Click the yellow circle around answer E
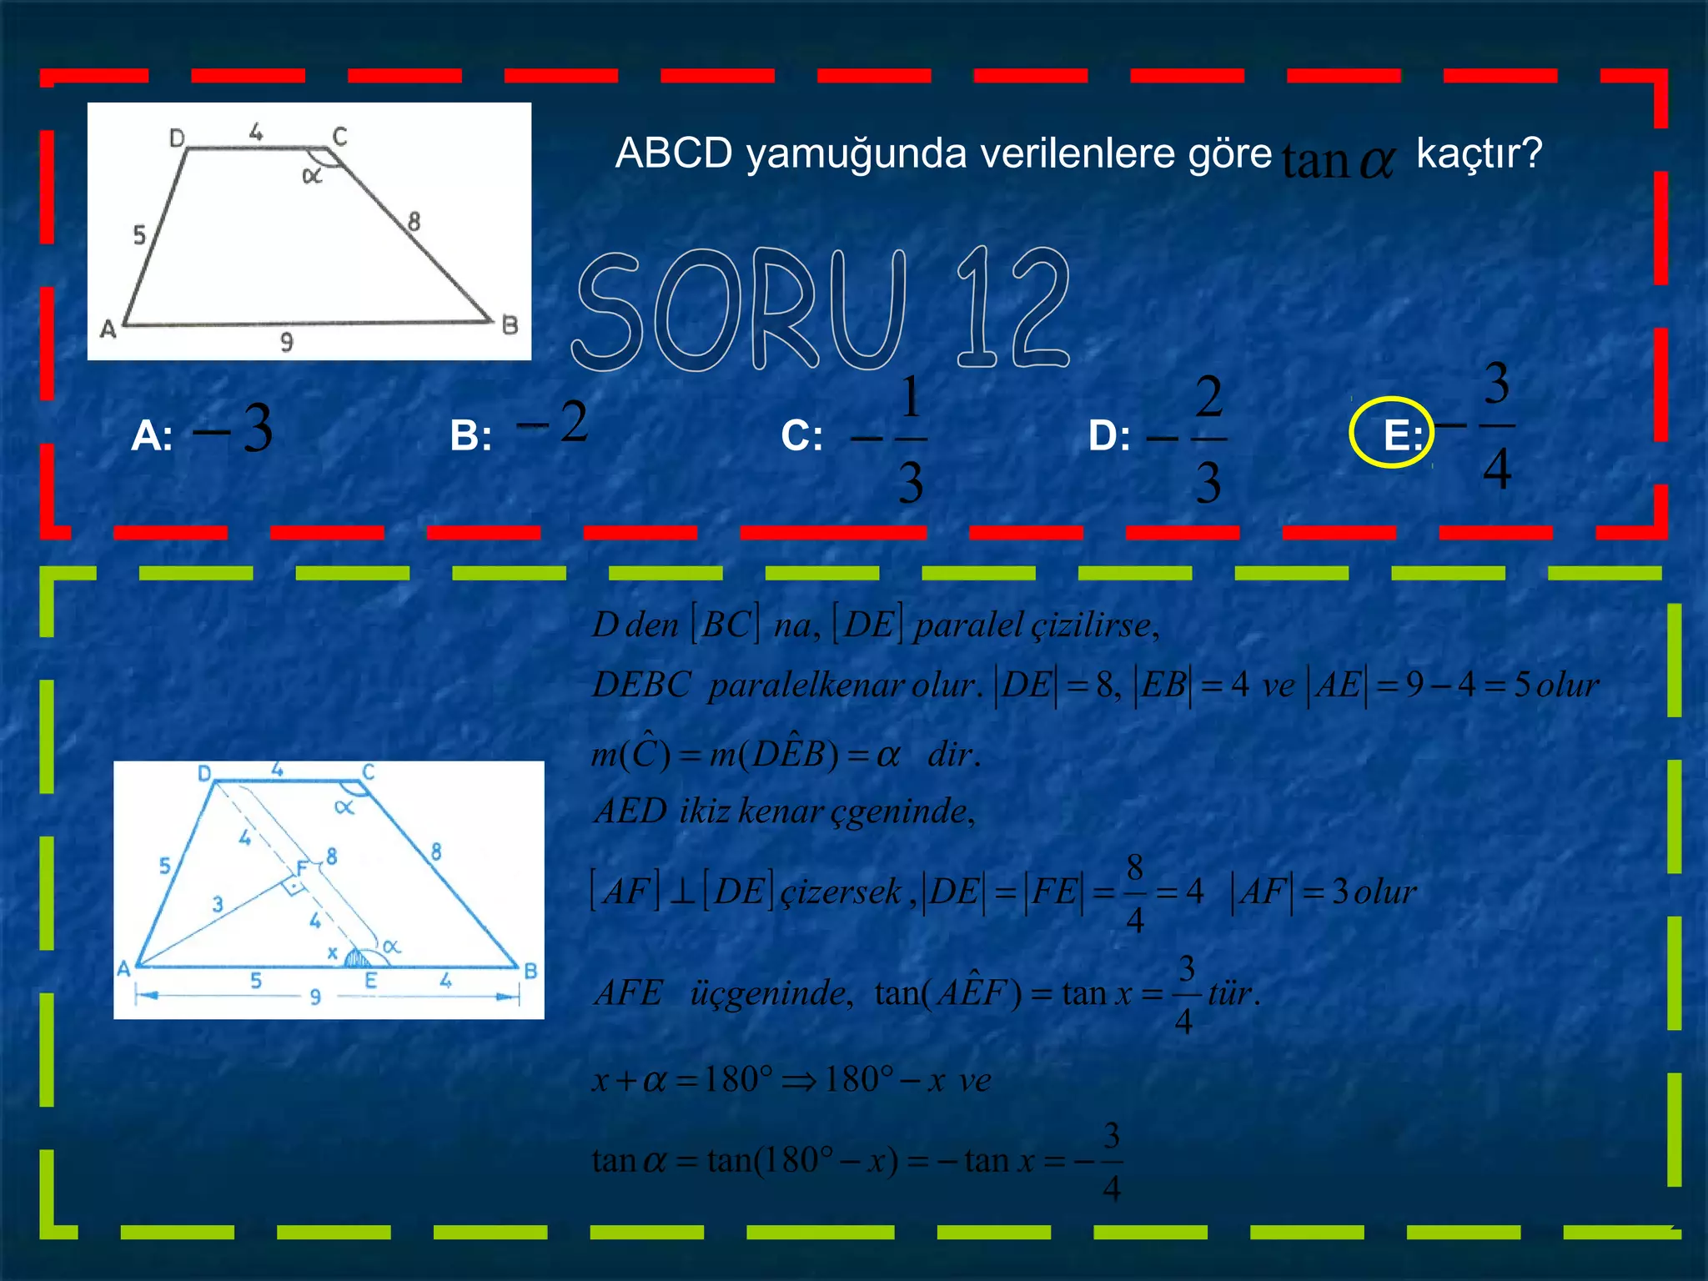tap(1391, 432)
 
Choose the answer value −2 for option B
tap(553, 422)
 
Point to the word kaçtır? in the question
tap(1479, 153)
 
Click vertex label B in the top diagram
tap(510, 325)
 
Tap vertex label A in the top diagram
tap(108, 329)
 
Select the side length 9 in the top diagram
tap(286, 342)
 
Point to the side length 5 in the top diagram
tap(139, 235)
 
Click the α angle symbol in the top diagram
tap(312, 176)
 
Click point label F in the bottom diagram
tap(302, 868)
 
